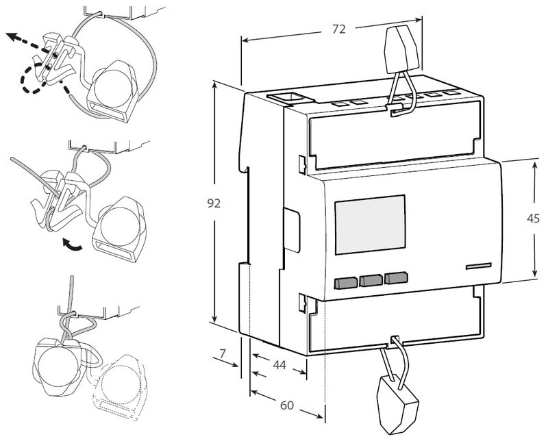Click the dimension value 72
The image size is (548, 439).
tap(338, 29)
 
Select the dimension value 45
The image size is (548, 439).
tap(534, 218)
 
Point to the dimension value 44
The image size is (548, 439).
tap(279, 365)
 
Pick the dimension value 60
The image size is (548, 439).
tap(286, 405)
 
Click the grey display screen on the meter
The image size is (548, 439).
tap(369, 225)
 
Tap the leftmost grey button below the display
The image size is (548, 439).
tap(346, 281)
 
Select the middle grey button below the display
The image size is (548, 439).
tap(371, 279)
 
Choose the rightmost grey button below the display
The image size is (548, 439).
tap(395, 278)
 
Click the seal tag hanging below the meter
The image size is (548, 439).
tap(398, 403)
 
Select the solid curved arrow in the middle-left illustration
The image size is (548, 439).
tap(71, 242)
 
